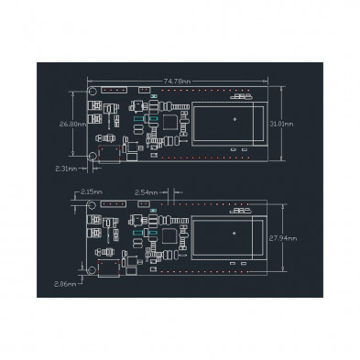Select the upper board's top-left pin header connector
[x=113, y=93]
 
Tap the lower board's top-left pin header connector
[x=113, y=206]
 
